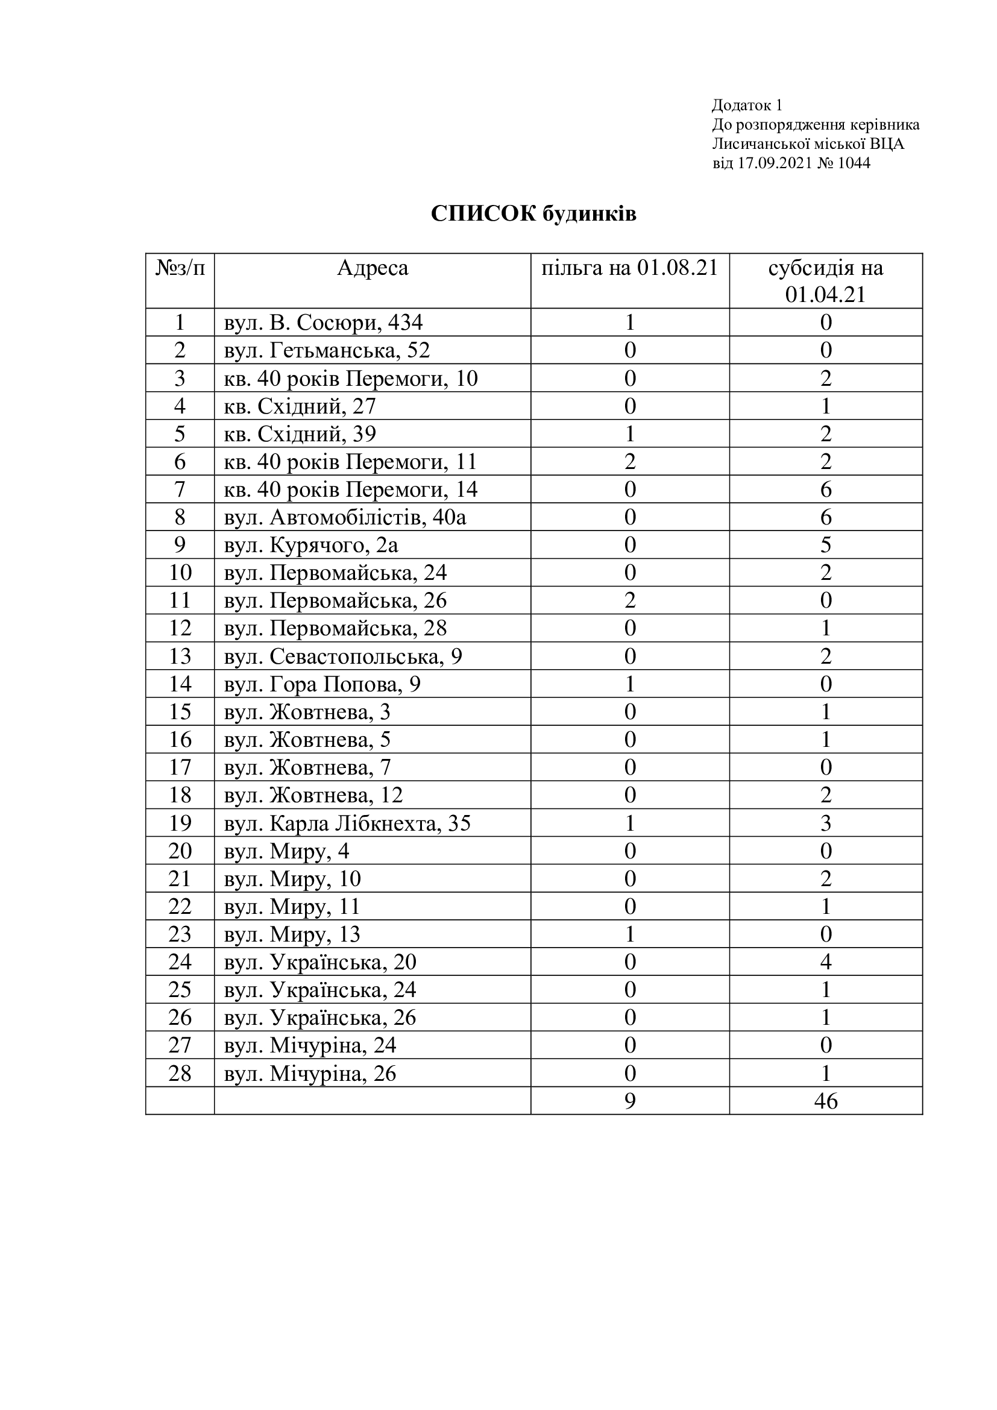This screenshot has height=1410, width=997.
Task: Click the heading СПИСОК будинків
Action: [533, 214]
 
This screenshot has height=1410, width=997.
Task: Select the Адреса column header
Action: [372, 268]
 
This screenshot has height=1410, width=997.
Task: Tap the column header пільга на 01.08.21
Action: [629, 268]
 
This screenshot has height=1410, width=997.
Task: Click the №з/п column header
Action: [180, 268]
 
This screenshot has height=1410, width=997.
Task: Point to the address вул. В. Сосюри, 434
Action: [324, 323]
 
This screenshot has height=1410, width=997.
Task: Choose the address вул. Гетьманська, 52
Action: [327, 350]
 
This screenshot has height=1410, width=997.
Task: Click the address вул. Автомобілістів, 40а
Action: [345, 517]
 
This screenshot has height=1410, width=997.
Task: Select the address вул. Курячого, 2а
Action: [311, 545]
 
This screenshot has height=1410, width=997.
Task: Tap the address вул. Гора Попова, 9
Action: [322, 684]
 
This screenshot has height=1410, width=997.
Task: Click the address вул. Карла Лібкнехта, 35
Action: [347, 823]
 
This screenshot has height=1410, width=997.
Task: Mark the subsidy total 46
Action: [826, 1101]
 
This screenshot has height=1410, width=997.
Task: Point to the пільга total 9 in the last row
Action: [630, 1101]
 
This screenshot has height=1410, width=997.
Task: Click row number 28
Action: [180, 1074]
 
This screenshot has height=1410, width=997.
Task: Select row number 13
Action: [180, 656]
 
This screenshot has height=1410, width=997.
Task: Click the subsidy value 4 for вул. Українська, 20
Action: [826, 962]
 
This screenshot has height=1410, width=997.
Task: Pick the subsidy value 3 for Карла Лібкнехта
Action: [826, 823]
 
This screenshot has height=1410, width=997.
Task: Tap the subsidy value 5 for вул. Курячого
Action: [826, 545]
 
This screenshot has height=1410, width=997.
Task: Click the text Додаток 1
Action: [747, 105]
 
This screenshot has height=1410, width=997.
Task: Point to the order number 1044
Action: [854, 163]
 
